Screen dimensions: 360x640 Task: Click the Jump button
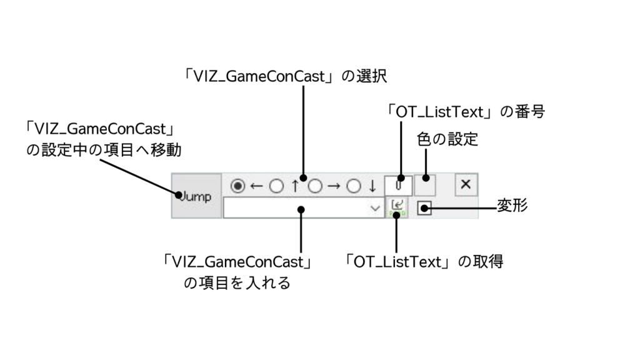pyautogui.click(x=196, y=196)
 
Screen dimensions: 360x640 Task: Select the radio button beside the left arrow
pyautogui.click(x=237, y=186)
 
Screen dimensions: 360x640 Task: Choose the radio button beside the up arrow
pyautogui.click(x=276, y=186)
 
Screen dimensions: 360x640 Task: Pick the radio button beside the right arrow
pyautogui.click(x=316, y=186)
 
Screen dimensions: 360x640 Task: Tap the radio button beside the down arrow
pyautogui.click(x=354, y=186)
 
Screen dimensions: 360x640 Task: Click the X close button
pyautogui.click(x=466, y=185)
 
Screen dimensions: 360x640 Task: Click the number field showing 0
pyautogui.click(x=398, y=186)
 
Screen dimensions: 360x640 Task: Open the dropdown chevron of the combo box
pyautogui.click(x=375, y=208)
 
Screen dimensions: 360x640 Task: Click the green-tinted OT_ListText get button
pyautogui.click(x=397, y=207)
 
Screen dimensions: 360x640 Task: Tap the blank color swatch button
pyautogui.click(x=425, y=186)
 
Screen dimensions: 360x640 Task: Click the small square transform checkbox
pyautogui.click(x=424, y=208)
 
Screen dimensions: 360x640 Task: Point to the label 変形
pyautogui.click(x=512, y=206)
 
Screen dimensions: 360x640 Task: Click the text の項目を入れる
pyautogui.click(x=237, y=282)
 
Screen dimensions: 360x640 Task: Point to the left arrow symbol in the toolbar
pyautogui.click(x=255, y=186)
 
